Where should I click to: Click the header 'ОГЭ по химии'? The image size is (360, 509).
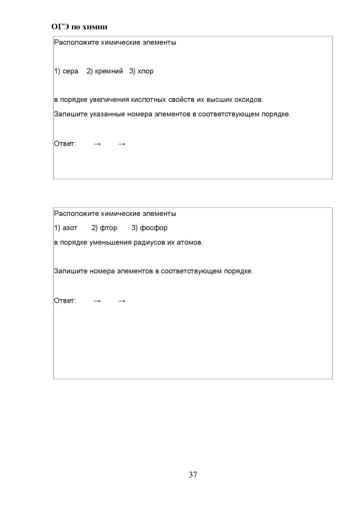[x=80, y=27]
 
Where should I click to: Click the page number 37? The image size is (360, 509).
[x=193, y=475]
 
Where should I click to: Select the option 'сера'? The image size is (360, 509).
[x=71, y=71]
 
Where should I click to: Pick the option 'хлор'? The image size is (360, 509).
[x=146, y=71]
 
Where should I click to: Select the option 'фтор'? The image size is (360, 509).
[x=108, y=228]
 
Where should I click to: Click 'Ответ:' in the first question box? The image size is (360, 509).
[x=65, y=144]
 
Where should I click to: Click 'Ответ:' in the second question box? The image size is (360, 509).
[x=65, y=301]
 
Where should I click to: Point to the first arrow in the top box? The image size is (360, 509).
[x=97, y=144]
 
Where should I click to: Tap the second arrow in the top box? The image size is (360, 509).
[x=122, y=144]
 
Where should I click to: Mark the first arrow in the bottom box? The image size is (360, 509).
[x=97, y=301]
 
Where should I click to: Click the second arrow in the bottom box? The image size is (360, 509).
[x=122, y=301]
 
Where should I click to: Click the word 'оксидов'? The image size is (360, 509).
[x=248, y=100]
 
